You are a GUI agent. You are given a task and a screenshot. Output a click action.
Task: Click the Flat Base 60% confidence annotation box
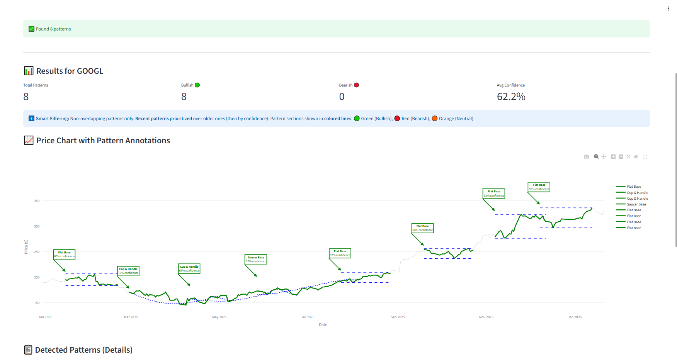[64, 254]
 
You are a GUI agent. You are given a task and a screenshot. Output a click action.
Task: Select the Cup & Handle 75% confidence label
[128, 271]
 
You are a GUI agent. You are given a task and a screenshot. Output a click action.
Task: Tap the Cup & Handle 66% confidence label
[189, 268]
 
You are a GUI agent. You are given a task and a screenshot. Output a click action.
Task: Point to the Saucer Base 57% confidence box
[256, 259]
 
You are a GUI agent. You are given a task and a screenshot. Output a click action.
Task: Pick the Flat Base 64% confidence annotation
[423, 228]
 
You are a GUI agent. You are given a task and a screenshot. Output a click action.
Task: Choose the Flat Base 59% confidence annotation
[539, 187]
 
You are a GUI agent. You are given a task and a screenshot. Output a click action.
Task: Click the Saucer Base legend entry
[636, 204]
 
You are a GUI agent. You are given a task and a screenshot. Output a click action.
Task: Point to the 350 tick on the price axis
[37, 201]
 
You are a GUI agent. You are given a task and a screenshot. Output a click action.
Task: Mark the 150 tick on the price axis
[37, 303]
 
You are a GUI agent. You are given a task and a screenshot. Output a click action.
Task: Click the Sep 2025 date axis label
[398, 317]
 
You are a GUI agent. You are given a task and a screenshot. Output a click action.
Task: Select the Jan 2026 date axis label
[575, 317]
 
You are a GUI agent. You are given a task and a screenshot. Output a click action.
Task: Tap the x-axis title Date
[323, 325]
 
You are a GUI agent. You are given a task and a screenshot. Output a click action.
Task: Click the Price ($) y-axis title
[26, 247]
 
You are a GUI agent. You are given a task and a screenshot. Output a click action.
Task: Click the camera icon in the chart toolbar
[586, 157]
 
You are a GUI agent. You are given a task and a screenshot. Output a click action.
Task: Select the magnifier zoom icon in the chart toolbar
[596, 157]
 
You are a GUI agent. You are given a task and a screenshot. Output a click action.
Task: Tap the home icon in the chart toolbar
[636, 157]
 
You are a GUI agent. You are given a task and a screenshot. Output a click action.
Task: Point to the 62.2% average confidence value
[511, 97]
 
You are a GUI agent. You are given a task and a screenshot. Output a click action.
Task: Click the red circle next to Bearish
[356, 85]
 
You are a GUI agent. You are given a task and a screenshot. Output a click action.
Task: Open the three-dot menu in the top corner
[668, 8]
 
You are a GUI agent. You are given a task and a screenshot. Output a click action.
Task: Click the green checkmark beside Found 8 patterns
[32, 29]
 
